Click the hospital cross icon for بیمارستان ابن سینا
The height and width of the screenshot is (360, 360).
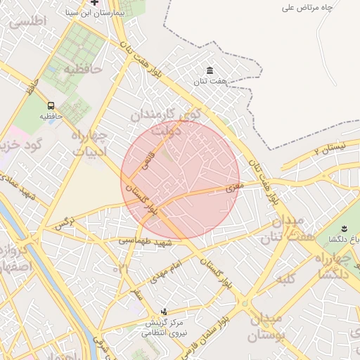pos(94,3)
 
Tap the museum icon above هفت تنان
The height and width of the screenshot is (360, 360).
pos(210,70)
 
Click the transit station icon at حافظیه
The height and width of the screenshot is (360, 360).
pos(51,105)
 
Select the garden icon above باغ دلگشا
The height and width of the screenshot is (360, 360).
pos(345,229)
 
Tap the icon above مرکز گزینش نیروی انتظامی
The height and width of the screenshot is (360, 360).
pos(165,311)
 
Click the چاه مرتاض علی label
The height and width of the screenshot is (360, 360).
pos(326,8)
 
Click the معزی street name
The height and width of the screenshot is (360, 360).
pos(234,188)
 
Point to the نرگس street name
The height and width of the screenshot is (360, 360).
pos(65,224)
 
